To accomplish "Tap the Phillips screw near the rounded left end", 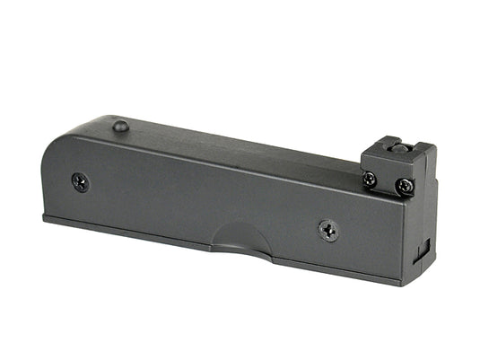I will pos(80,181).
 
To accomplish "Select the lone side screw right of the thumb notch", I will pos(328,231).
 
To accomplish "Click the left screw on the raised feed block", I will pos(371,179).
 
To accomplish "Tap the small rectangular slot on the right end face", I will pos(425,246).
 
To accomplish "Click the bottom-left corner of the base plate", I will pos(45,216).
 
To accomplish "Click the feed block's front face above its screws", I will pos(386,165).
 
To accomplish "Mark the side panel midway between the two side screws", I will pos(205,206).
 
